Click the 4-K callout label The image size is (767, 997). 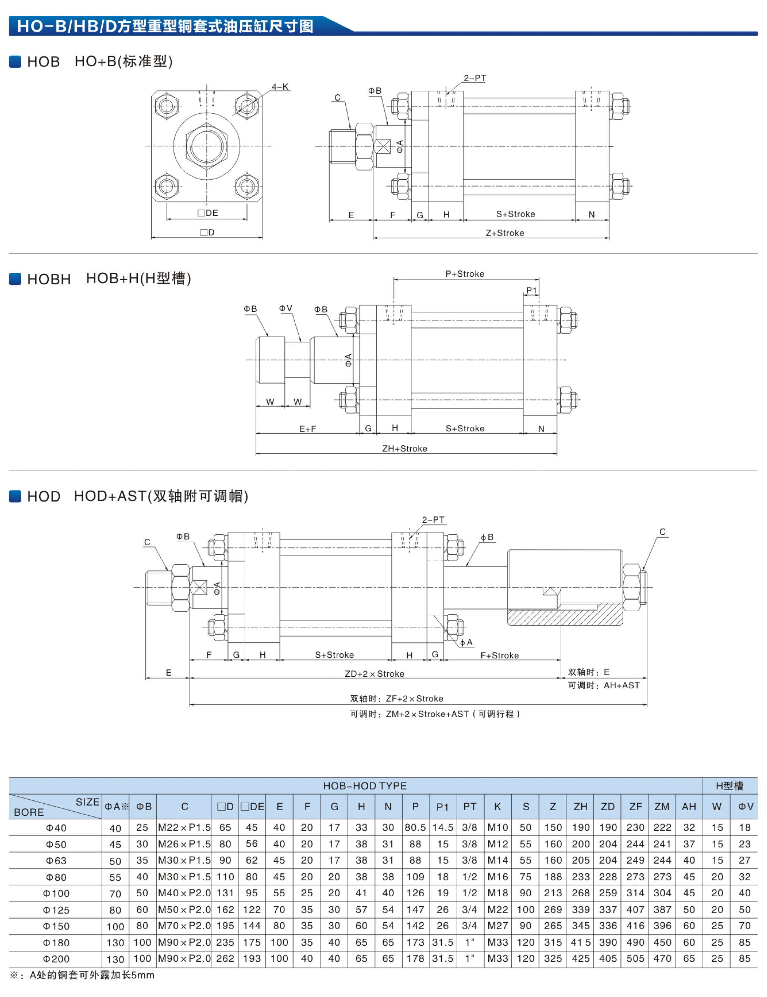pyautogui.click(x=280, y=87)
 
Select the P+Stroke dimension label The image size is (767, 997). pyautogui.click(x=464, y=274)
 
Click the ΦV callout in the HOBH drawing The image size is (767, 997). pyautogui.click(x=286, y=309)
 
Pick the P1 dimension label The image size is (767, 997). pyautogui.click(x=532, y=290)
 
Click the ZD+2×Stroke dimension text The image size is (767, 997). pyautogui.click(x=374, y=673)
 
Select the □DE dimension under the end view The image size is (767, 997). pyautogui.click(x=208, y=213)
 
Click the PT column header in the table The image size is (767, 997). pyautogui.click(x=470, y=807)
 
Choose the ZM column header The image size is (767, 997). pyautogui.click(x=662, y=807)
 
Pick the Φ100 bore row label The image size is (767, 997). pyautogui.click(x=56, y=893)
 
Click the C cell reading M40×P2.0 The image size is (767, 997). pyautogui.click(x=184, y=893)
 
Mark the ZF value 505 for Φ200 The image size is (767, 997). pyautogui.click(x=635, y=959)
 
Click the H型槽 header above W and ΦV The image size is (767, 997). pyautogui.click(x=729, y=786)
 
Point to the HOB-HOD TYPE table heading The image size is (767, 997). pyautogui.click(x=365, y=786)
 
